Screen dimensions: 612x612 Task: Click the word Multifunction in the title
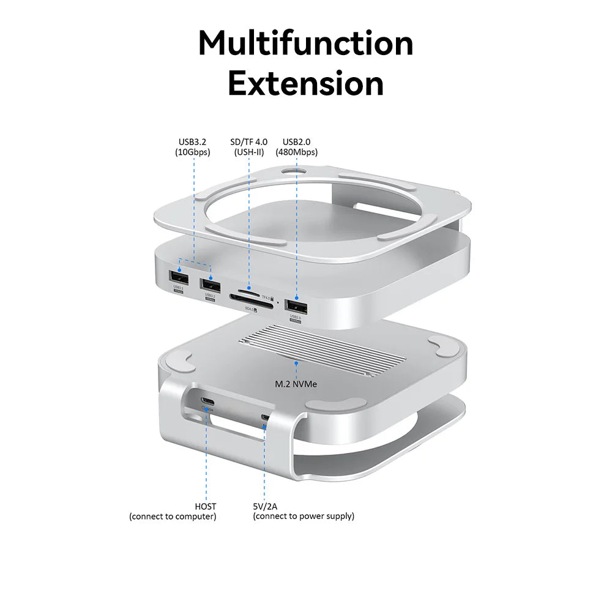(305, 44)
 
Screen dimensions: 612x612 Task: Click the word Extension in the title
(305, 84)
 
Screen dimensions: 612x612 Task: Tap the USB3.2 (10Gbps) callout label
(192, 147)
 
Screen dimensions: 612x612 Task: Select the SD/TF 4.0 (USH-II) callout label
(248, 147)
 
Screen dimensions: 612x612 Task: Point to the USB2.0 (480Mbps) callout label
(297, 147)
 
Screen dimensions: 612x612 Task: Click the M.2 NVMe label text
(297, 385)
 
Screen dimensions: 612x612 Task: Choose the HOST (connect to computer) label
(173, 511)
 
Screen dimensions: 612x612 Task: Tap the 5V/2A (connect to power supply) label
(304, 511)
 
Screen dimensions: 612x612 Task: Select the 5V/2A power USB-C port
(265, 419)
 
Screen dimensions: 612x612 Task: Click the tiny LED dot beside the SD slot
(278, 302)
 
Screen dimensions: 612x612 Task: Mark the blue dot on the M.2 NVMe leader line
(297, 363)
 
